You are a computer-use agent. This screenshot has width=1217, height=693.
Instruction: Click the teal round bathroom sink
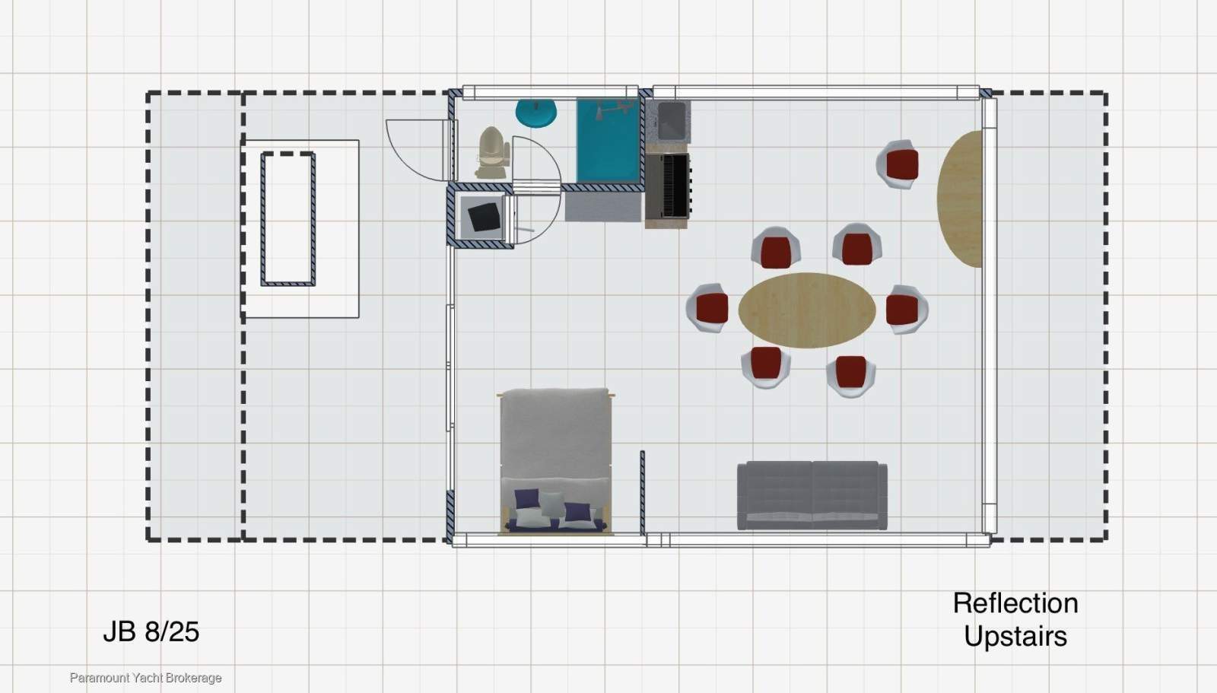click(536, 113)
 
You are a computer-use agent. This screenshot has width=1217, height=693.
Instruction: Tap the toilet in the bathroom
click(493, 153)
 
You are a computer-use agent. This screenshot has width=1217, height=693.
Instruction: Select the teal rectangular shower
click(608, 140)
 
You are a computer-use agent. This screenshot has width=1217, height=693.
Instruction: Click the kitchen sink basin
click(672, 121)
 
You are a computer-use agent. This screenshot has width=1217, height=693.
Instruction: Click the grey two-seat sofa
click(812, 495)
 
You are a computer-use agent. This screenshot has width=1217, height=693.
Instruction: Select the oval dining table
click(807, 310)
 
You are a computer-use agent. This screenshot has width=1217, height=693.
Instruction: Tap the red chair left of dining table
click(708, 307)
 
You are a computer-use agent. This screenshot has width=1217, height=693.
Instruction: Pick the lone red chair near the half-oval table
click(898, 164)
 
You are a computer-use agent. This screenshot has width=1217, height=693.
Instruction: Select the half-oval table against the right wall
click(960, 199)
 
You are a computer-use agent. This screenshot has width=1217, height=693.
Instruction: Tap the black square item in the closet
click(484, 217)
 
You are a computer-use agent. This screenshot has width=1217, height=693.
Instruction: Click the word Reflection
click(1015, 603)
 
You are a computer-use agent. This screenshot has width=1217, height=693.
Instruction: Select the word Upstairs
click(1015, 637)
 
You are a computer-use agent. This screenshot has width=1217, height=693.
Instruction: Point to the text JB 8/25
click(151, 631)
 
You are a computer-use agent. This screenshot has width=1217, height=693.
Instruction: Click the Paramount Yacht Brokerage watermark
click(145, 678)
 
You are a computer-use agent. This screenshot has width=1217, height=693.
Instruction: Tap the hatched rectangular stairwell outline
click(288, 219)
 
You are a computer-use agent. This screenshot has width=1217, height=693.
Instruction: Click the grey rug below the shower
click(603, 207)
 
